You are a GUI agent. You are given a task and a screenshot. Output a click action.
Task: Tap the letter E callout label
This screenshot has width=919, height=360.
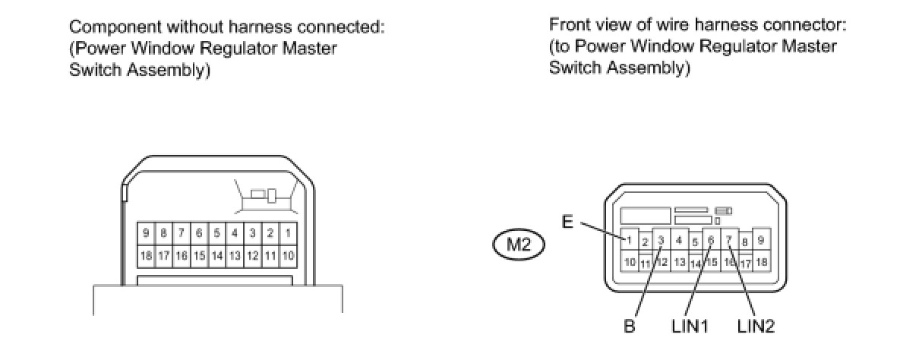(567, 222)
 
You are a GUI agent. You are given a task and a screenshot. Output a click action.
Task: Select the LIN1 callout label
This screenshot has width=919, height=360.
(690, 327)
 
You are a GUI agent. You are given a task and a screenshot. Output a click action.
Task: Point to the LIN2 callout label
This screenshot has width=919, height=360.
(756, 327)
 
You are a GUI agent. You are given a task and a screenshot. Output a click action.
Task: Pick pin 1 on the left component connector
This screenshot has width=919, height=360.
(289, 232)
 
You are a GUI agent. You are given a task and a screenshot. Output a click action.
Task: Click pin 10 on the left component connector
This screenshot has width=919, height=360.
(289, 256)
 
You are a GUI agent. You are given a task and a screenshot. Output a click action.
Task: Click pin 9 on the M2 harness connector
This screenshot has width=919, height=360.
(761, 240)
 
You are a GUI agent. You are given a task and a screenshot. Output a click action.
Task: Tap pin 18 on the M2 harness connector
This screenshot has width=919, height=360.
(761, 262)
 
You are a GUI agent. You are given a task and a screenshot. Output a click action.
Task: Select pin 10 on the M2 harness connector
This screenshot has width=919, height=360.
(630, 262)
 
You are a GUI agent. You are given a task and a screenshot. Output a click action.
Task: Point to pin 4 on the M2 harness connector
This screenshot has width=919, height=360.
(680, 240)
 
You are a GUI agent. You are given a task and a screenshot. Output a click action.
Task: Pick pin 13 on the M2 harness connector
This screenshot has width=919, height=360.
(680, 262)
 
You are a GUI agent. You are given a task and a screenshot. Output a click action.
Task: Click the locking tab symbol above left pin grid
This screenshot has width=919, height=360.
(267, 197)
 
